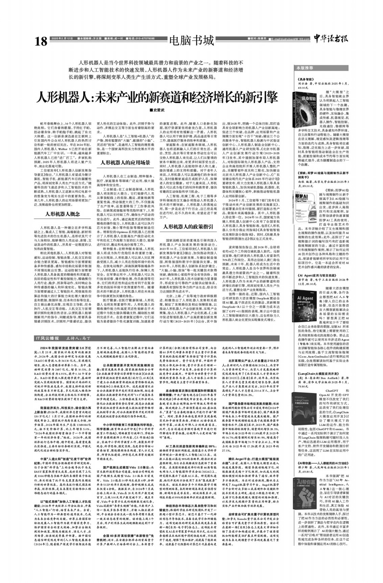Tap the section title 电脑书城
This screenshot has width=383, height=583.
pos(192,41)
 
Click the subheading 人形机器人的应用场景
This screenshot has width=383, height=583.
pos(125,163)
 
